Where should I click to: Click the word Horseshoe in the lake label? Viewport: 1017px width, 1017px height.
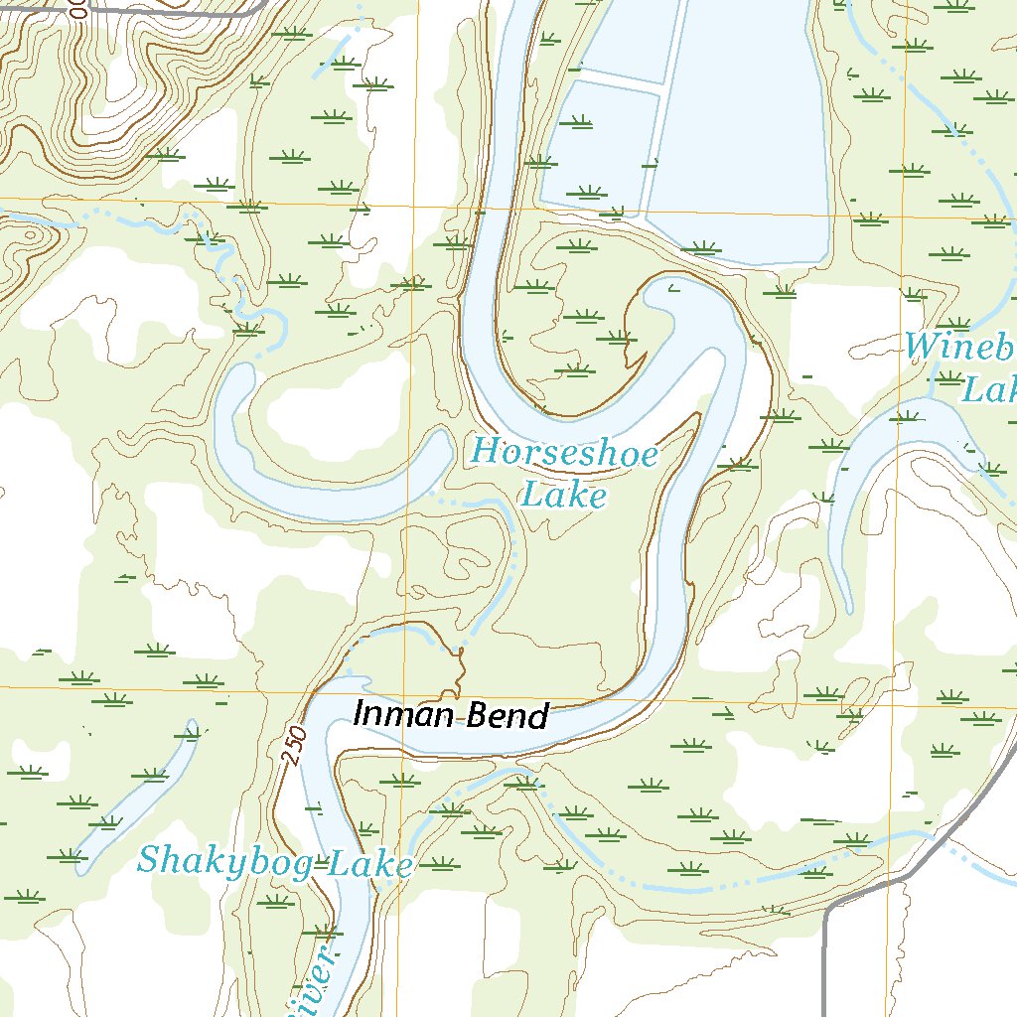click(x=563, y=454)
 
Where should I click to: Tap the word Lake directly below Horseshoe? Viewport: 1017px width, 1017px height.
click(x=563, y=494)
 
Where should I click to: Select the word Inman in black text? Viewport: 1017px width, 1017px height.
click(x=397, y=715)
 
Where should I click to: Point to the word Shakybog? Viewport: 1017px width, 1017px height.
click(x=223, y=860)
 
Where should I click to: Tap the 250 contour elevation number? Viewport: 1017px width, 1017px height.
click(x=290, y=745)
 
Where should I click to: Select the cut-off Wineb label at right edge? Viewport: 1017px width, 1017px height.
click(x=959, y=348)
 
